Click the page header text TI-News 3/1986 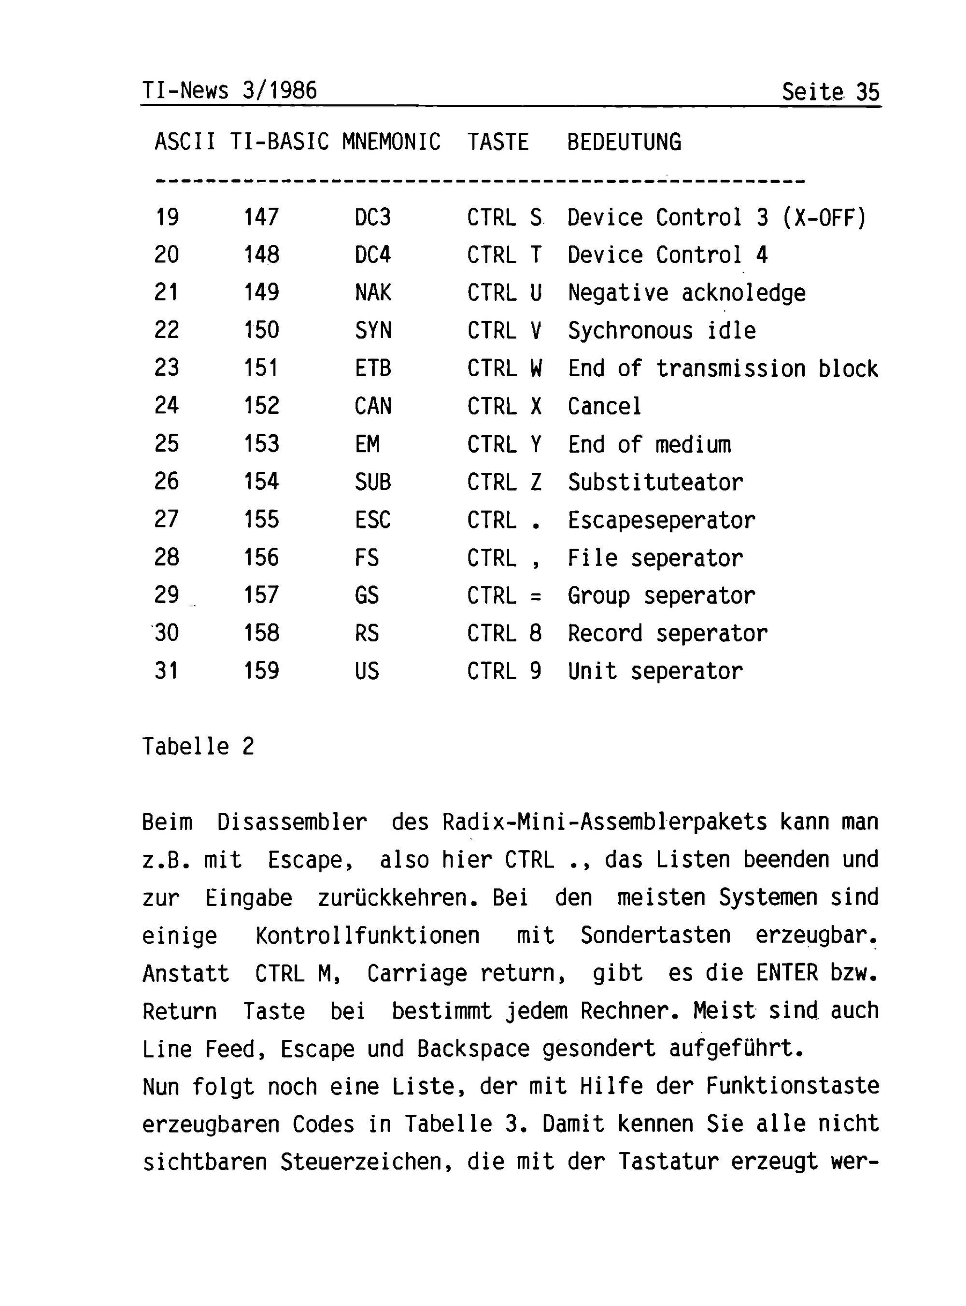coord(229,91)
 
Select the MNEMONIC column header coord(391,142)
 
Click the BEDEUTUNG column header coord(624,142)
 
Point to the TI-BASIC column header coord(279,142)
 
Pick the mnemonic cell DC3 coord(372,217)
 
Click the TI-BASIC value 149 coord(261,292)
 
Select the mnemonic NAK coord(372,292)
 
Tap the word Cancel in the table coord(605,406)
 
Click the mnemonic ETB coord(372,369)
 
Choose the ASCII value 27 coord(167,519)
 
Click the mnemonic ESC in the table coord(372,520)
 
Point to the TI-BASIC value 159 coord(261,670)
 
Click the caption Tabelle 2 coord(198,747)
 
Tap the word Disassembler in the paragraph coord(292,822)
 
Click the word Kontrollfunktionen coord(367,936)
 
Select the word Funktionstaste coord(792,1087)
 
